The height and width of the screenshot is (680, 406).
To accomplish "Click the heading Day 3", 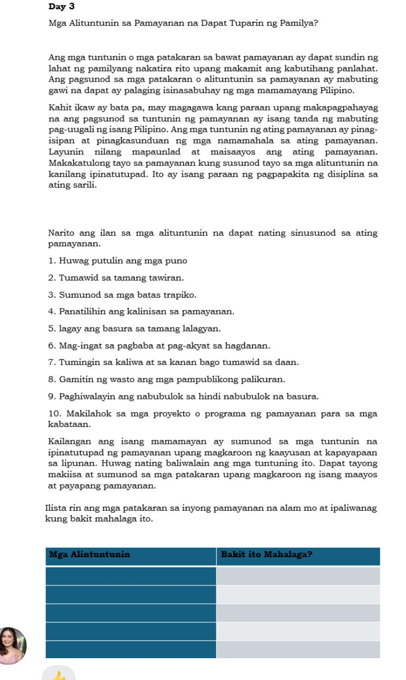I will click(61, 7).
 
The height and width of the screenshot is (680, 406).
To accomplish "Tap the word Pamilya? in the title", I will click(300, 23).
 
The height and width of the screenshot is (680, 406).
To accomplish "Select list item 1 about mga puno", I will click(117, 261).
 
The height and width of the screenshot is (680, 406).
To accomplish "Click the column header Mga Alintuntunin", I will click(90, 555).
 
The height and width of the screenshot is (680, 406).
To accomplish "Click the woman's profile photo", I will click(12, 646).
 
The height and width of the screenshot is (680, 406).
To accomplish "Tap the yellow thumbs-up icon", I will click(59, 675).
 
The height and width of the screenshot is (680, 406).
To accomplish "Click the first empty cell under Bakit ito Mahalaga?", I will click(298, 576).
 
